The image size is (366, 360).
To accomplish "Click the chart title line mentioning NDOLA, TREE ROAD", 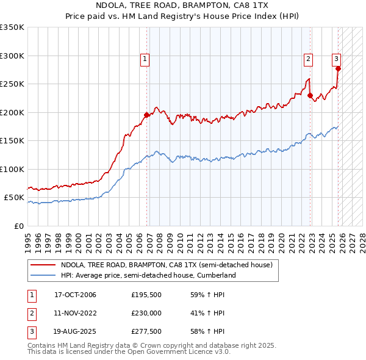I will pyautogui.click(x=182, y=6).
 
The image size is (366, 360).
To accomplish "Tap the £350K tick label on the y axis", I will pyautogui.click(x=12, y=27).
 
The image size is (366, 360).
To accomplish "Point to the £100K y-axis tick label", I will pyautogui.click(x=12, y=169).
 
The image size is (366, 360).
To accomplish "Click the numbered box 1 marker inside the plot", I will pyautogui.click(x=145, y=59).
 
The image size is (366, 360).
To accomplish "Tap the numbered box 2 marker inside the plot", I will pyautogui.click(x=309, y=59).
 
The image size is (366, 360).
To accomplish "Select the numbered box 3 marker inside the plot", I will pyautogui.click(x=336, y=59).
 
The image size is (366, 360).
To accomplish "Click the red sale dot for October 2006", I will pyautogui.click(x=147, y=115).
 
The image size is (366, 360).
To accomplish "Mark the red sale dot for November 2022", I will pyautogui.click(x=310, y=96).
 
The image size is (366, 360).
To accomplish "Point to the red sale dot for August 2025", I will pyautogui.click(x=338, y=69).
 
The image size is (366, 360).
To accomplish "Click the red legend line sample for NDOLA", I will pyautogui.click(x=43, y=265).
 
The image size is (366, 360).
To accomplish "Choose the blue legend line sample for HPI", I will pyautogui.click(x=43, y=276).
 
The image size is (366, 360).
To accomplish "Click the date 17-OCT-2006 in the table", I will pyautogui.click(x=76, y=295).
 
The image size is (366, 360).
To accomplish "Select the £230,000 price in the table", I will pyautogui.click(x=146, y=313).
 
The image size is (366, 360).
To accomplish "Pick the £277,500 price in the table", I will pyautogui.click(x=146, y=331).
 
